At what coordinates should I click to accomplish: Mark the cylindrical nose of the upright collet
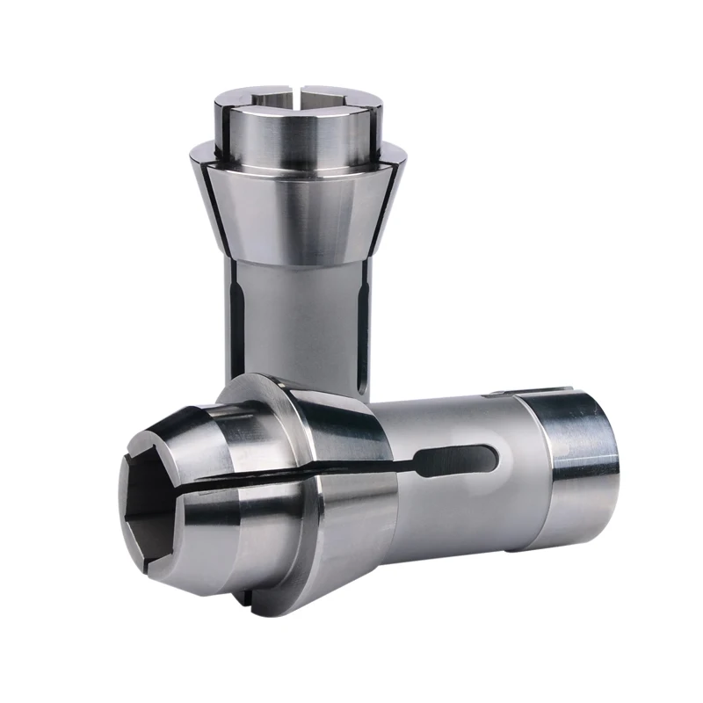tap(299, 132)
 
